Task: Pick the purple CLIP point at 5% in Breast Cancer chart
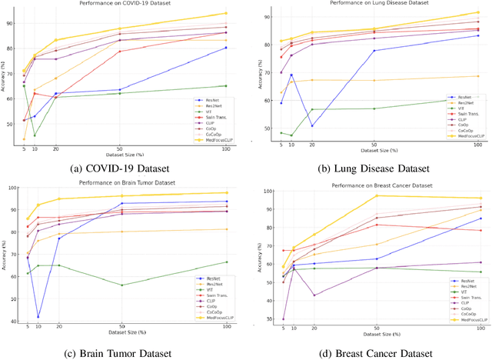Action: (283, 318)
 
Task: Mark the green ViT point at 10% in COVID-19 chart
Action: (35, 135)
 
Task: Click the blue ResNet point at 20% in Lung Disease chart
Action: (311, 125)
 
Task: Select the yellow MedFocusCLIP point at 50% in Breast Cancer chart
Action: (376, 195)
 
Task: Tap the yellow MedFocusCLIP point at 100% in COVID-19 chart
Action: (225, 13)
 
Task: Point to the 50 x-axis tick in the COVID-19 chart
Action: (119, 149)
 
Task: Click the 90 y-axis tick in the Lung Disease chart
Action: (266, 16)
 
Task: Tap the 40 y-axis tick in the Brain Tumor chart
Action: (15, 321)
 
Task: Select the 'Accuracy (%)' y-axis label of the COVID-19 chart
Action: (5, 77)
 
